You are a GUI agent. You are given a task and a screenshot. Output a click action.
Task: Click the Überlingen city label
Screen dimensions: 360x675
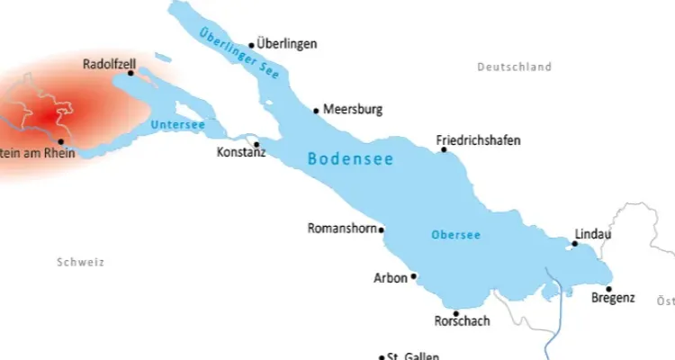coord(287,43)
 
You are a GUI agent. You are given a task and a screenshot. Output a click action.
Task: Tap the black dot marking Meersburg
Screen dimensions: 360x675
coord(316,111)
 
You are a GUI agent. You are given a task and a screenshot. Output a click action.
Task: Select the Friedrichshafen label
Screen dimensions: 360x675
coord(478,140)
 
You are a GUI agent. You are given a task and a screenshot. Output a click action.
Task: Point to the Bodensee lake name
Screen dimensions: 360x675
coord(351,158)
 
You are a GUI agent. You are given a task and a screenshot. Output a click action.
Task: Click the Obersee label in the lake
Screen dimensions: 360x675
coord(455,235)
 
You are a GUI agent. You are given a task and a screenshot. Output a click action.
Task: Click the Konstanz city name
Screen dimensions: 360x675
coord(241,153)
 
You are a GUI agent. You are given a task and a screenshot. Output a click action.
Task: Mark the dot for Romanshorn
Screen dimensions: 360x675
coord(382,229)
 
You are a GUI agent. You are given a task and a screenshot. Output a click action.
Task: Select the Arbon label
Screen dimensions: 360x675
coord(390,278)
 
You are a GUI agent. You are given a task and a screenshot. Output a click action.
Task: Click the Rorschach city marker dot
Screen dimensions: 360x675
coord(456,313)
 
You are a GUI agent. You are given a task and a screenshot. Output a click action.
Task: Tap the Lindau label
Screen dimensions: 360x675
coord(592,234)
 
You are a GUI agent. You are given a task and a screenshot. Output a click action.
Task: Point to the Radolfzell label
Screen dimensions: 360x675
coord(109,65)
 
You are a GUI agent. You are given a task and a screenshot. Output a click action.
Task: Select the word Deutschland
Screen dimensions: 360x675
coord(514,67)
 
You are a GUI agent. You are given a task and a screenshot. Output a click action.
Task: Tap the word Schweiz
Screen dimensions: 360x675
coord(81,263)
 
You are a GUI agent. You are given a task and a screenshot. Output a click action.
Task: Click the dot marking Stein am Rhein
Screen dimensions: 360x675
coord(60,141)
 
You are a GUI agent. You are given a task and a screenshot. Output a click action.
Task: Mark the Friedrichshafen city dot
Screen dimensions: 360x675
coord(444,150)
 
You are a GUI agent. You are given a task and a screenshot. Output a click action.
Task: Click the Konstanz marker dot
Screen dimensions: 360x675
coord(256,144)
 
